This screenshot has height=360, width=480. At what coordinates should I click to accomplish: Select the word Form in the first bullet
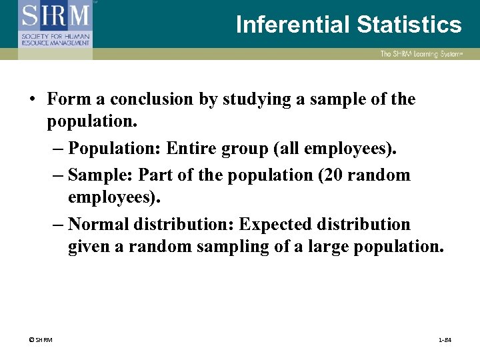tap(66, 99)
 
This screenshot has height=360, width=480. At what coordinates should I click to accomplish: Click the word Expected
tap(270, 224)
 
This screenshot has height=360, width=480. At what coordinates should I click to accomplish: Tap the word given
tap(87, 247)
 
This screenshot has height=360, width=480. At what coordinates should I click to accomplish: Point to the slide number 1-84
tap(445, 340)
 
